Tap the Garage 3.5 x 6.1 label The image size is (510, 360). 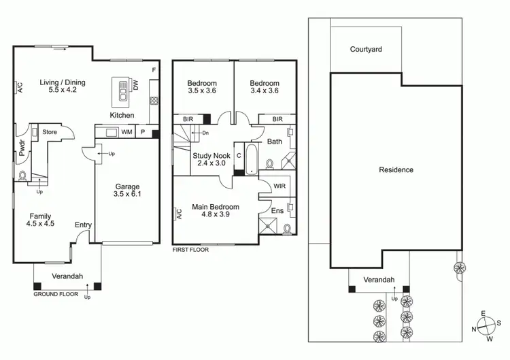(x=127, y=191)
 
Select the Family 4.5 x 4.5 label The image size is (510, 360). (x=39, y=220)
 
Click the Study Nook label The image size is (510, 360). (x=211, y=159)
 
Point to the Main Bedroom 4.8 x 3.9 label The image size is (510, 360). (x=215, y=211)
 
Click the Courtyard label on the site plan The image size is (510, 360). (x=366, y=50)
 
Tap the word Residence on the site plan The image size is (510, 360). (x=396, y=170)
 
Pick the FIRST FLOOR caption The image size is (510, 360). (x=190, y=250)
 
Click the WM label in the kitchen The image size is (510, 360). (x=126, y=132)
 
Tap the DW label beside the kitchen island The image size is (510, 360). (x=135, y=86)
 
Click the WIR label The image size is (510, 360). (x=279, y=186)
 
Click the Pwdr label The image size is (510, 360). (x=22, y=150)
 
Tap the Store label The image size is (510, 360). (x=50, y=132)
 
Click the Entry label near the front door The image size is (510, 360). (x=83, y=225)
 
